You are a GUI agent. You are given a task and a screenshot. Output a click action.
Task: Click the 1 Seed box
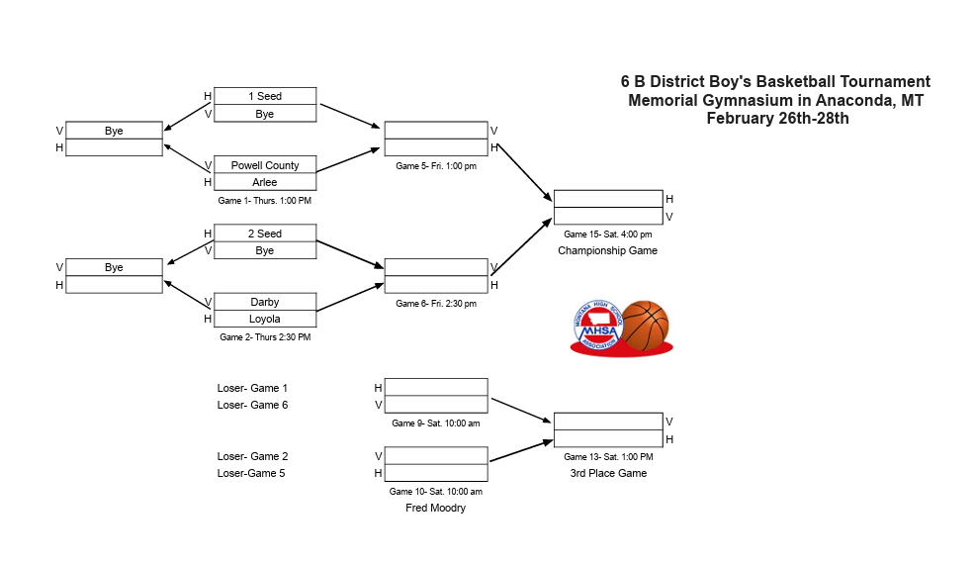pyautogui.click(x=265, y=96)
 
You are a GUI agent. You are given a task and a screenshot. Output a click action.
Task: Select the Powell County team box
pyautogui.click(x=265, y=165)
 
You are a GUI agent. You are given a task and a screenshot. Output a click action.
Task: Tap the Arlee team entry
pyautogui.click(x=265, y=182)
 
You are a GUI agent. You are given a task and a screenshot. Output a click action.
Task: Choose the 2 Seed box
pyautogui.click(x=265, y=234)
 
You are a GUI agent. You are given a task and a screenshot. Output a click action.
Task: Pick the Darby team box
pyautogui.click(x=265, y=302)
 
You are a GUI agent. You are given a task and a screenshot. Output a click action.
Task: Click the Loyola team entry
pyautogui.click(x=265, y=319)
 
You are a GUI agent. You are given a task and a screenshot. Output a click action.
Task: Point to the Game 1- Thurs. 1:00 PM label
pyautogui.click(x=264, y=201)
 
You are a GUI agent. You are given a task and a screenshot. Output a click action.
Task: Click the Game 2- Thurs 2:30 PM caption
pyautogui.click(x=265, y=337)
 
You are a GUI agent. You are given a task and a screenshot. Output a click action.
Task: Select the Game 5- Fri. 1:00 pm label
pyautogui.click(x=436, y=166)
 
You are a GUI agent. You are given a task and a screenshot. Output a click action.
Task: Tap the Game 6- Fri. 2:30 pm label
pyautogui.click(x=436, y=304)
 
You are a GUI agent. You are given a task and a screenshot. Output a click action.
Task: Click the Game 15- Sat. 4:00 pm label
pyautogui.click(x=607, y=235)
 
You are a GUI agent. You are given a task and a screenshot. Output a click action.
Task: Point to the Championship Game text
pyautogui.click(x=607, y=250)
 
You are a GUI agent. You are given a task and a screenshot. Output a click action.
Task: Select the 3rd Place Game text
pyautogui.click(x=608, y=473)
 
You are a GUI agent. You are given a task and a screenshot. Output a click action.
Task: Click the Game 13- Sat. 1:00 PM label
pyautogui.click(x=608, y=457)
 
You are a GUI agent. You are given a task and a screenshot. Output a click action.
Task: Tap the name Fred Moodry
pyautogui.click(x=435, y=508)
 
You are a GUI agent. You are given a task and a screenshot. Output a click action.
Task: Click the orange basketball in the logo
pyautogui.click(x=645, y=325)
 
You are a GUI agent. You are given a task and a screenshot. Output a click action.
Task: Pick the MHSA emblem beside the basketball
pyautogui.click(x=595, y=328)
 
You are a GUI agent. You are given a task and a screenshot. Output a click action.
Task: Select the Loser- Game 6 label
pyautogui.click(x=252, y=405)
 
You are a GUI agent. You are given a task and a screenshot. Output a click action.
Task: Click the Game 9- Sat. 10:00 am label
pyautogui.click(x=436, y=423)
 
